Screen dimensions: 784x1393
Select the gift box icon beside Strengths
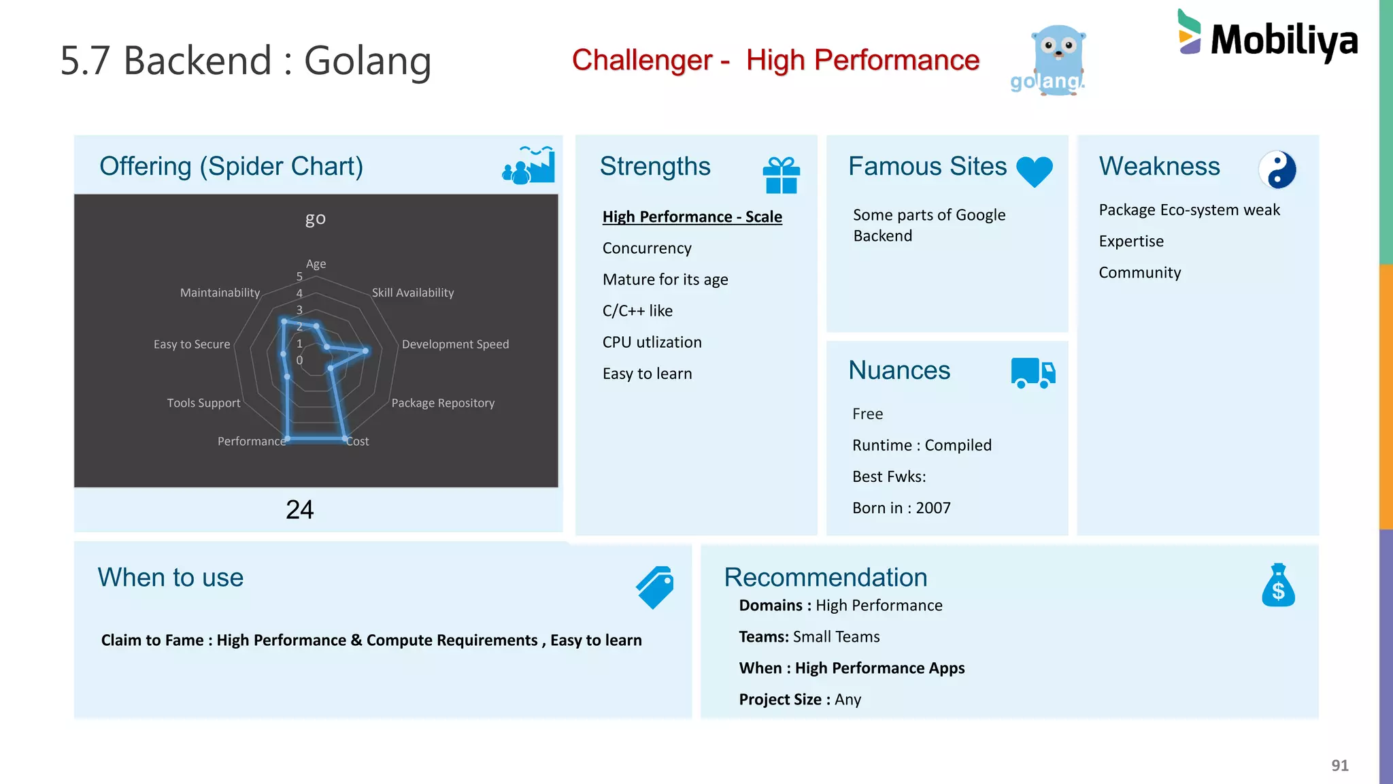(781, 175)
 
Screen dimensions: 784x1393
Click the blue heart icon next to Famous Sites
(1034, 171)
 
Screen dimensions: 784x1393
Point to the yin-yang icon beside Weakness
(1277, 169)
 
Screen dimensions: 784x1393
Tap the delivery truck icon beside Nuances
(1033, 373)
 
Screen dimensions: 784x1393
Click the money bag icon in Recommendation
(1278, 585)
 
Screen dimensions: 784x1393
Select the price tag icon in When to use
(655, 587)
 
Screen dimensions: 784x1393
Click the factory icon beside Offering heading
(528, 165)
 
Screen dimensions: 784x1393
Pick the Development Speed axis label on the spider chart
(455, 344)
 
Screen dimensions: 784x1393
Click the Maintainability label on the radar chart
(220, 293)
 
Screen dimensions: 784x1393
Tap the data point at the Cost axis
(345, 439)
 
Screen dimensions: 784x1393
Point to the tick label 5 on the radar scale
(299, 276)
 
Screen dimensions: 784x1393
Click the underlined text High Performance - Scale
(692, 216)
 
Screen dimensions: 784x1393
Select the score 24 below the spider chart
(299, 510)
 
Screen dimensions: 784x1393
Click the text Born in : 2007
(901, 508)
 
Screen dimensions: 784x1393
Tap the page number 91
(1339, 765)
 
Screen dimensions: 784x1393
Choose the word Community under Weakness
(1139, 273)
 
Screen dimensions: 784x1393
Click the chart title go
(315, 218)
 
